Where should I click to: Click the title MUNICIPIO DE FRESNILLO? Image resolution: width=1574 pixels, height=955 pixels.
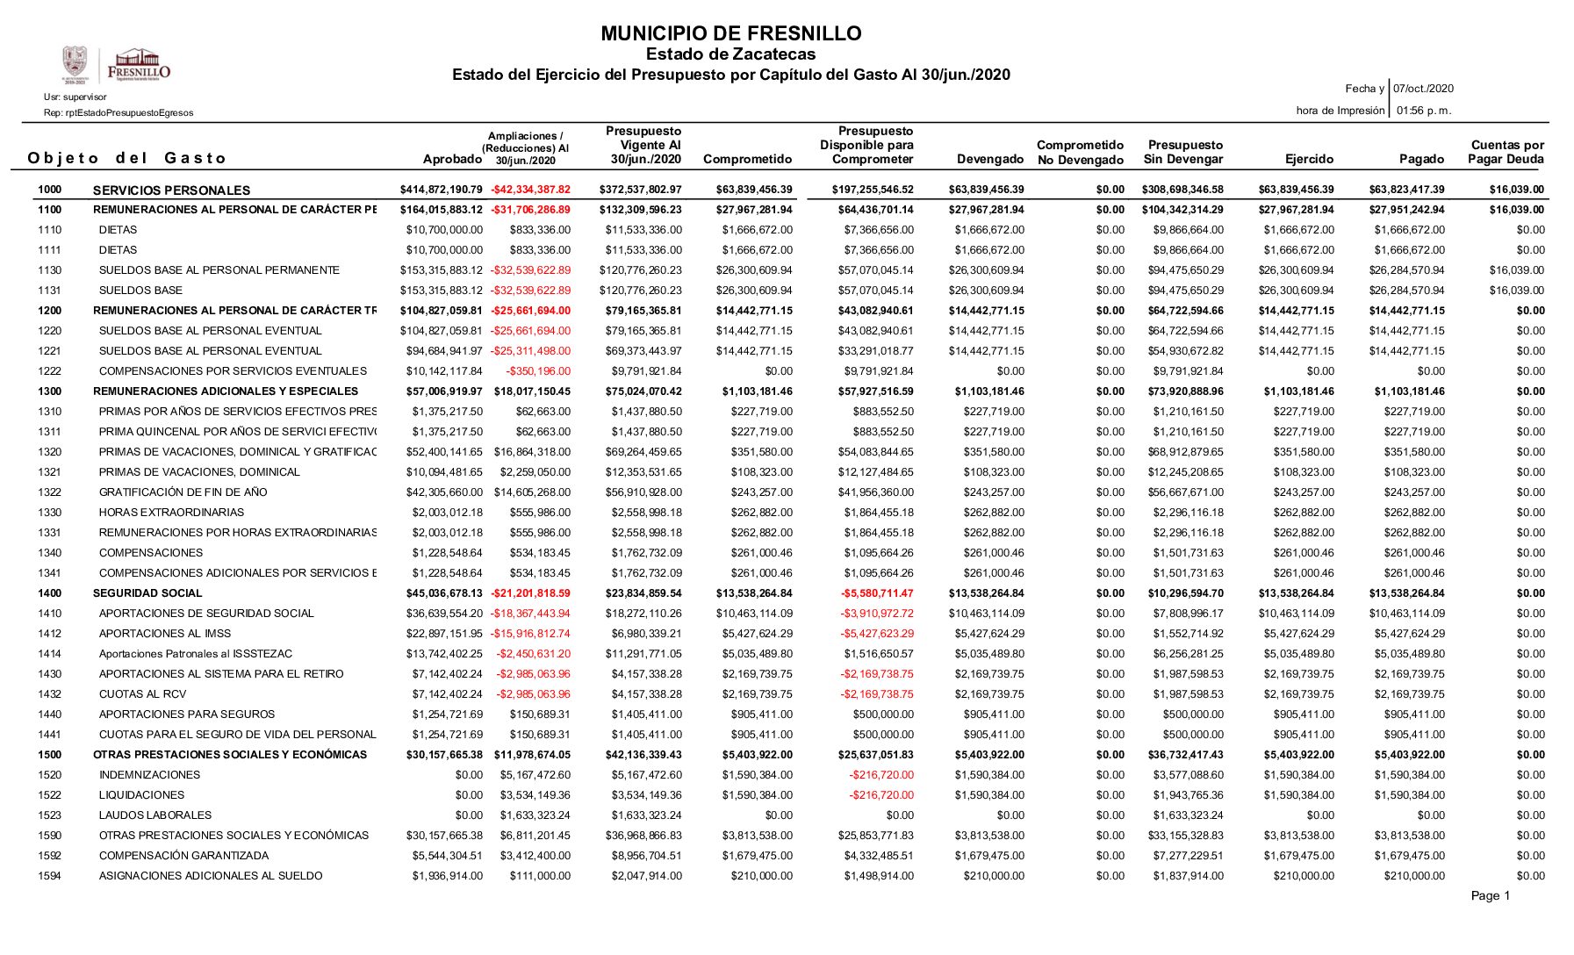coord(730,34)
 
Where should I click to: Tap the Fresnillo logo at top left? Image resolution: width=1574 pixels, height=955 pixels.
coord(117,66)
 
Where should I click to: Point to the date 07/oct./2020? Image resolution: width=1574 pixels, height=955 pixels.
coord(1423,89)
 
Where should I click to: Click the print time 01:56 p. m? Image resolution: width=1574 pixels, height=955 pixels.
coord(1424,111)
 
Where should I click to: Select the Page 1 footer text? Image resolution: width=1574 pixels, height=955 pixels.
coord(1490,895)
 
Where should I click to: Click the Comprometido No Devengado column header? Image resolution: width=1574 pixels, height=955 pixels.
coord(1080,153)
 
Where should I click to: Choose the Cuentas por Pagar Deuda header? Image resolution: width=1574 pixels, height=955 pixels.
coord(1506,153)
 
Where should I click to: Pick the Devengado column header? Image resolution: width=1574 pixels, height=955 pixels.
coord(990,160)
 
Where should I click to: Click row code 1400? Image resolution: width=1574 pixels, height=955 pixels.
coord(50,593)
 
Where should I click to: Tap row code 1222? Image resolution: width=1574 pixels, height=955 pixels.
coord(50,371)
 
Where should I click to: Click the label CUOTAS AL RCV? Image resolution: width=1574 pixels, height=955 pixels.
coord(142,694)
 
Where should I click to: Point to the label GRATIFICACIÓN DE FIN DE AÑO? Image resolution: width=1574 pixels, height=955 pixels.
coord(183,492)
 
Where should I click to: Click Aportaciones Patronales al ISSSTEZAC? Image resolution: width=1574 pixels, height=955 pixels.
coord(196,654)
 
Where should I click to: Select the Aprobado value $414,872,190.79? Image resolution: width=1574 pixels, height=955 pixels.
coord(441,190)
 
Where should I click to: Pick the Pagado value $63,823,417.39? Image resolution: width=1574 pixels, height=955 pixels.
coord(1406,190)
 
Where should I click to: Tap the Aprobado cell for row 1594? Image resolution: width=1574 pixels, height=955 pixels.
coord(447,876)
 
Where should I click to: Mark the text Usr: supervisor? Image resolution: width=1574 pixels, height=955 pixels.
coord(75,97)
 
